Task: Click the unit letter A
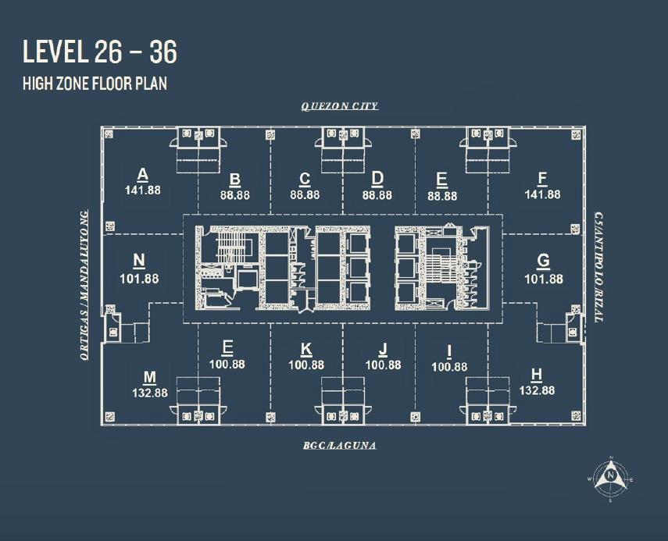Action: [143, 175]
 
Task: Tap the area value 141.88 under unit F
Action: [542, 194]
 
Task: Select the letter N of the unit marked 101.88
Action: [139, 260]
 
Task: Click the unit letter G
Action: [543, 260]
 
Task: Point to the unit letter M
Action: [150, 377]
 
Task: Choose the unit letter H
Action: [537, 375]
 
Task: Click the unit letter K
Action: [306, 350]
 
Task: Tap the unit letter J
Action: [383, 350]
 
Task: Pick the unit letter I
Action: [449, 351]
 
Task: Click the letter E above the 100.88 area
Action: [227, 347]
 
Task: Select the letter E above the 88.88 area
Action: [441, 180]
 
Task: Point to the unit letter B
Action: [234, 180]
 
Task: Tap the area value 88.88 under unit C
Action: [305, 195]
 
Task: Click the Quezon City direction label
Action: [340, 106]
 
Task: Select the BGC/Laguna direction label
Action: [340, 446]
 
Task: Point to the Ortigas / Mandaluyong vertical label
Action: [84, 285]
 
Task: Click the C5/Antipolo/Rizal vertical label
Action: [598, 267]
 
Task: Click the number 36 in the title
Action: [163, 52]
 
